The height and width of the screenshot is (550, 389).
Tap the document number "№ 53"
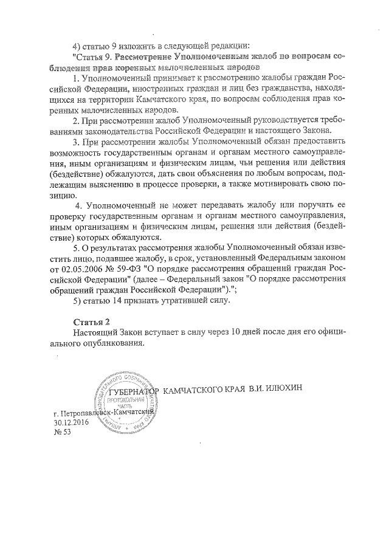[63, 433]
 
